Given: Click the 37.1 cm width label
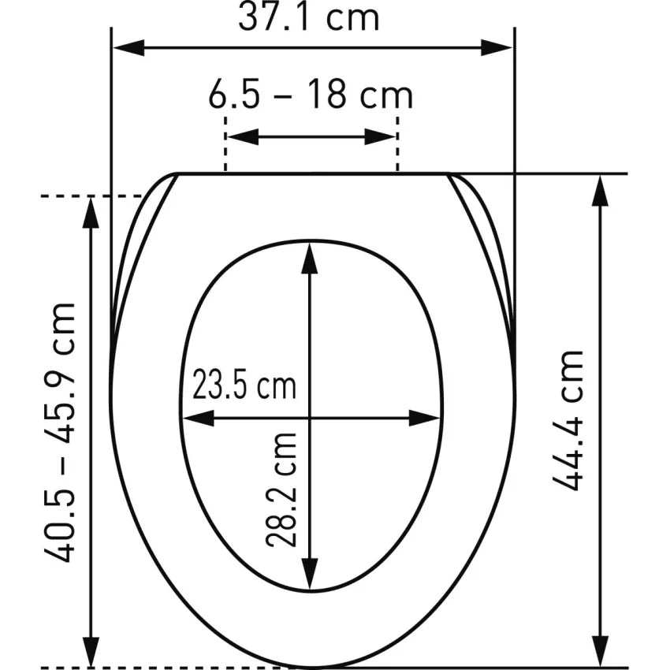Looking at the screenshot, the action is (308, 17).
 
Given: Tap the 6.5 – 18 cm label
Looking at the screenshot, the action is (311, 95).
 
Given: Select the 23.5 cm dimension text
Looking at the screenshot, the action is (244, 383).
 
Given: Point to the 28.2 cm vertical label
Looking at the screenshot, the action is (281, 490).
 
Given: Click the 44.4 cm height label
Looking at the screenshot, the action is (568, 421).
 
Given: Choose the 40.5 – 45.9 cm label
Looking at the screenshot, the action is (59, 432).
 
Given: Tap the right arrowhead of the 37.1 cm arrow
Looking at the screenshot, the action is (497, 48).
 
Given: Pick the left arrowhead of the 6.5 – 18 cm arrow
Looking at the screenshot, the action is (243, 136).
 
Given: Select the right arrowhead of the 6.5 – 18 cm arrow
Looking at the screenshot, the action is (380, 136).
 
